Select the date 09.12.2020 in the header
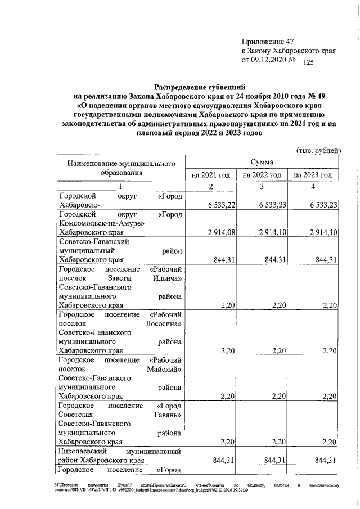[270, 60]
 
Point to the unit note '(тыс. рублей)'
[319, 150]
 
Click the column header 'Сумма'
[263, 162]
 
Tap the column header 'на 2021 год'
[211, 175]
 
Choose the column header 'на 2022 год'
[262, 175]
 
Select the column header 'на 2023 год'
[313, 175]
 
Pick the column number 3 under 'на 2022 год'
[262, 187]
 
